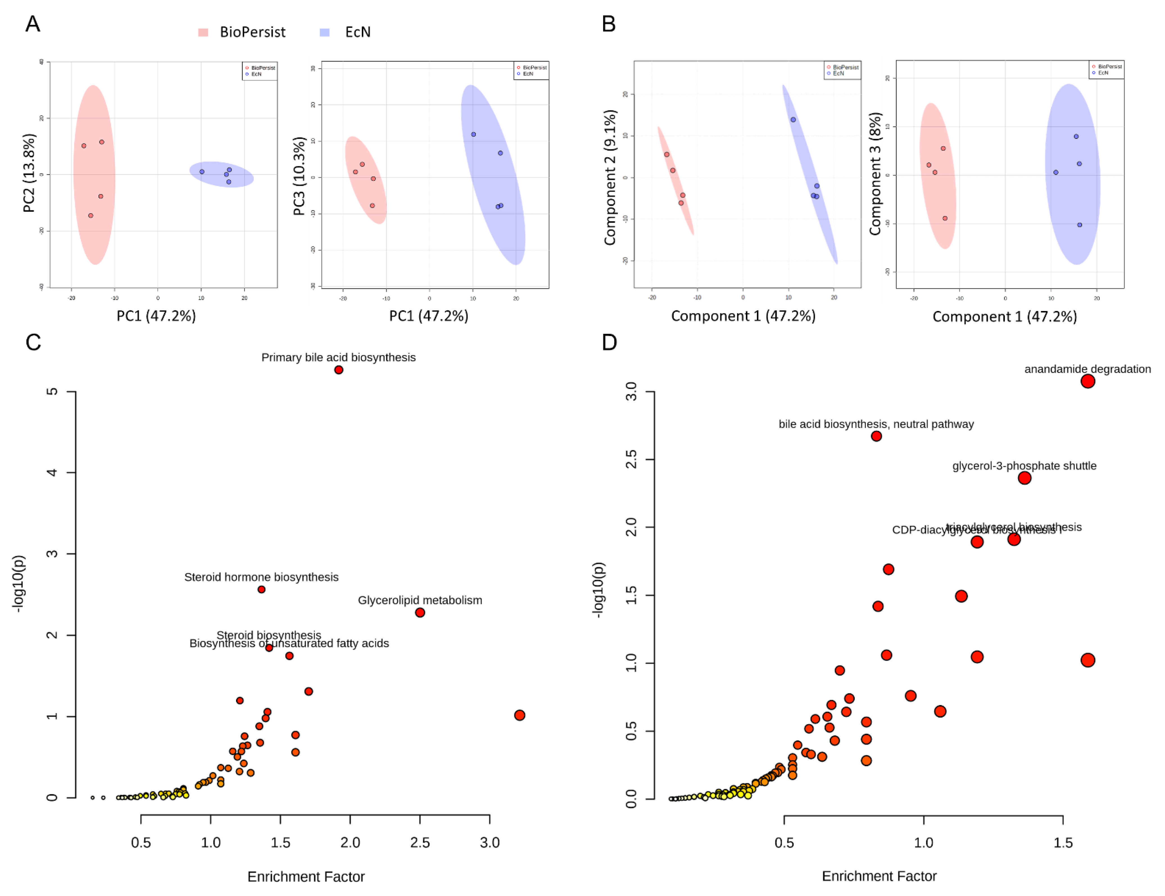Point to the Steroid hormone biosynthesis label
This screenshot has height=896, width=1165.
[x=261, y=577]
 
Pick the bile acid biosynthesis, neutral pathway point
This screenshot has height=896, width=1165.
[x=876, y=436]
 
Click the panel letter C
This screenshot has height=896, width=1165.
[x=33, y=343]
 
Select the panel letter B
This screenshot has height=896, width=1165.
[x=609, y=24]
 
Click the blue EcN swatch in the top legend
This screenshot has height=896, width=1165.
[x=325, y=33]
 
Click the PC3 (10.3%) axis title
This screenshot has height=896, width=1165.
[x=300, y=176]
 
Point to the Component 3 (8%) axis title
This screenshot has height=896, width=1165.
[x=874, y=174]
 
